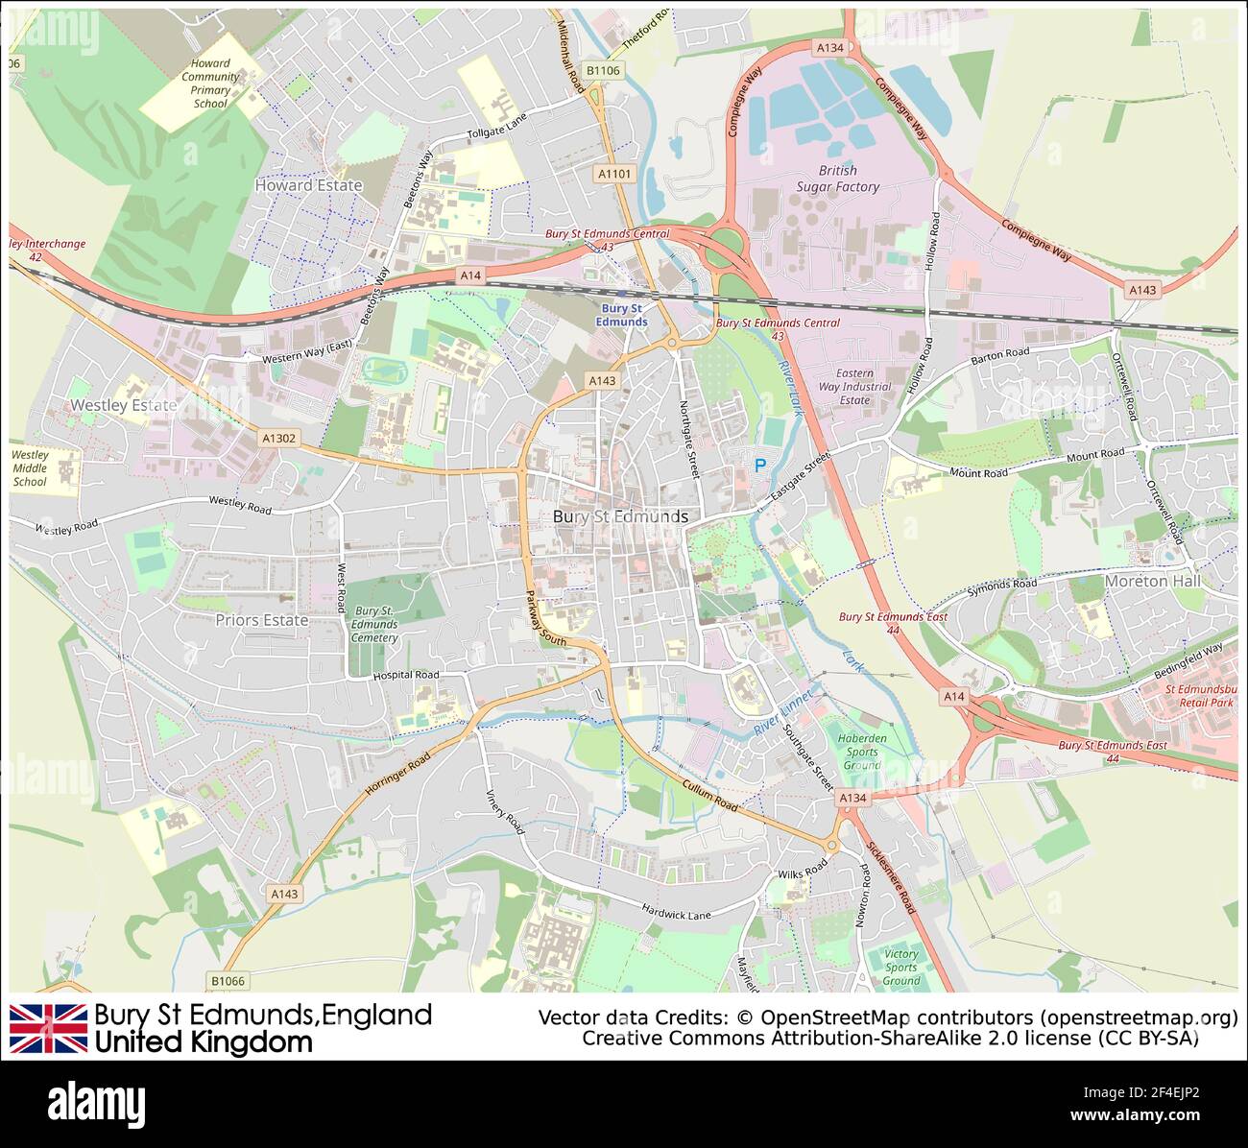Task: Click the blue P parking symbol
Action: click(760, 466)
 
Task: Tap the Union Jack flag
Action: click(48, 1028)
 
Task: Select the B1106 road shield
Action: click(603, 70)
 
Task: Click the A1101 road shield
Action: click(614, 174)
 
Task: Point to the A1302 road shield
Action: click(279, 438)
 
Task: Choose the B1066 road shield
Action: click(228, 980)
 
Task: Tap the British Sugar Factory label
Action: click(837, 179)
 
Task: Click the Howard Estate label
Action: click(308, 185)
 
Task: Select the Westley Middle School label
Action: click(30, 468)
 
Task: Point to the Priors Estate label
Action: click(261, 620)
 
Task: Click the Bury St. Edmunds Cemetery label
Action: click(373, 624)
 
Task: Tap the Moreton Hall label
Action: click(1151, 581)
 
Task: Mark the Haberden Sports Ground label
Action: click(861, 752)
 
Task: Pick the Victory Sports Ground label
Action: click(900, 967)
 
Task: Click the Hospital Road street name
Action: click(405, 675)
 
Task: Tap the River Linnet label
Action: click(782, 717)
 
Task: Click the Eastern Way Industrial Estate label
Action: click(853, 387)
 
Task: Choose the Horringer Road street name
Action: click(397, 776)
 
